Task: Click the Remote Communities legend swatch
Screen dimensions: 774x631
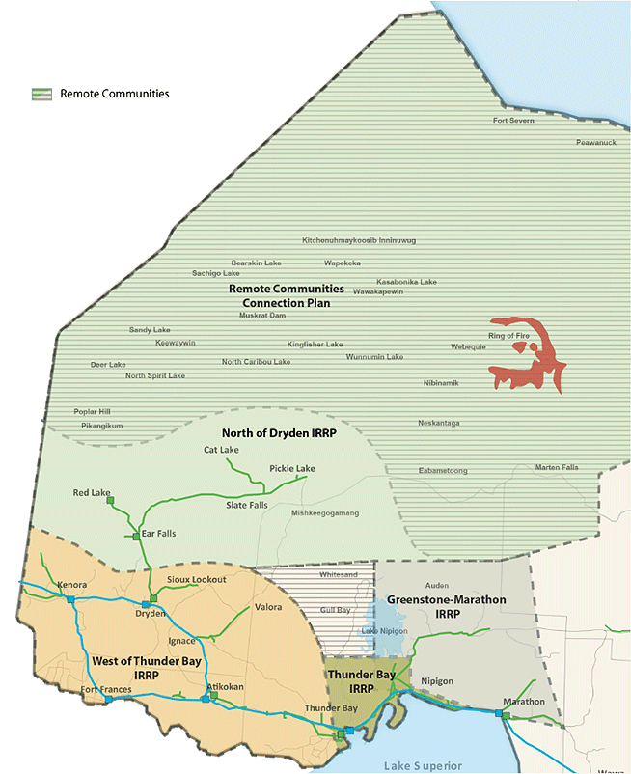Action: coord(41,94)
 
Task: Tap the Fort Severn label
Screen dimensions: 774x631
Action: coord(512,121)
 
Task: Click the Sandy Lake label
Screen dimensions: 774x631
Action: coord(150,330)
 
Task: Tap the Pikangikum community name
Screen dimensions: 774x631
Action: coord(101,425)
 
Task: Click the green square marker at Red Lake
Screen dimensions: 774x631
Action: coord(111,501)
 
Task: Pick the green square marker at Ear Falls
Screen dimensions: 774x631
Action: coord(136,536)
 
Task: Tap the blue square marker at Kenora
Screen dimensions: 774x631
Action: coord(70,599)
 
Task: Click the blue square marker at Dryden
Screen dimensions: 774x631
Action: coord(146,604)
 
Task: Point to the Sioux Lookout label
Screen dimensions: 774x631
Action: coord(196,579)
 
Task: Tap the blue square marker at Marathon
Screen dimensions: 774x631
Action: coord(501,714)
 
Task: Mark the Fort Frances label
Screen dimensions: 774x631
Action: coord(105,690)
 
